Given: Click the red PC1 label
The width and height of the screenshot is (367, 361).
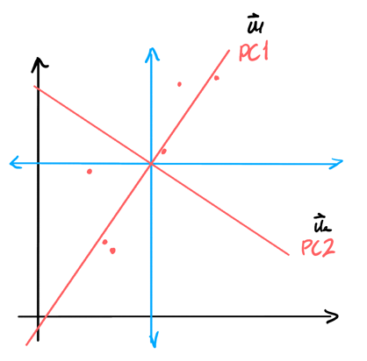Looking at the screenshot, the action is [254, 53].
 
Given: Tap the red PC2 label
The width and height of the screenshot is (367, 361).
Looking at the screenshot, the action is [318, 248].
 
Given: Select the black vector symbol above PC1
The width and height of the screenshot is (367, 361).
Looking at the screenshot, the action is [255, 24].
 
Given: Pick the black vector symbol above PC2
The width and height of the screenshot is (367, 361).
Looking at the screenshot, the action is [321, 223].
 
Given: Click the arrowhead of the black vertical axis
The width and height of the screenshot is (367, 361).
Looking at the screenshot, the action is [40, 64].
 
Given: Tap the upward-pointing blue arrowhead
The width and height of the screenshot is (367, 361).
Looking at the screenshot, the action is [152, 54].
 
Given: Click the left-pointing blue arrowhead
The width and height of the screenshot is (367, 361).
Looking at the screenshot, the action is [17, 163].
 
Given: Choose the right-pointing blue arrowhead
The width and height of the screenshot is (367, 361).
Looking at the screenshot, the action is [336, 164].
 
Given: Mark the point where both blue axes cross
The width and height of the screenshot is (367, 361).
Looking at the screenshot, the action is [151, 164].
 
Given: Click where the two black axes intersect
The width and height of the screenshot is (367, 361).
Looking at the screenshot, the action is [38, 316].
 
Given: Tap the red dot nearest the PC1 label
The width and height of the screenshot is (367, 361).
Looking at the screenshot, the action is [216, 78].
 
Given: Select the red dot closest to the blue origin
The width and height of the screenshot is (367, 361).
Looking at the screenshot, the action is [164, 152].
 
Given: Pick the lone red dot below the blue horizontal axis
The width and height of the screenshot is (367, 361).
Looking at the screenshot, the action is [90, 172].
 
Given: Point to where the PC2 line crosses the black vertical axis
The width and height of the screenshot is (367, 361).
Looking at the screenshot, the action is [38, 88].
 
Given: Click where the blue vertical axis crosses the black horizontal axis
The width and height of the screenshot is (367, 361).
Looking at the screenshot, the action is [151, 316].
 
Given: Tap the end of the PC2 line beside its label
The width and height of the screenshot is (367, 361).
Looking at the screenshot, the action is [289, 255].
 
